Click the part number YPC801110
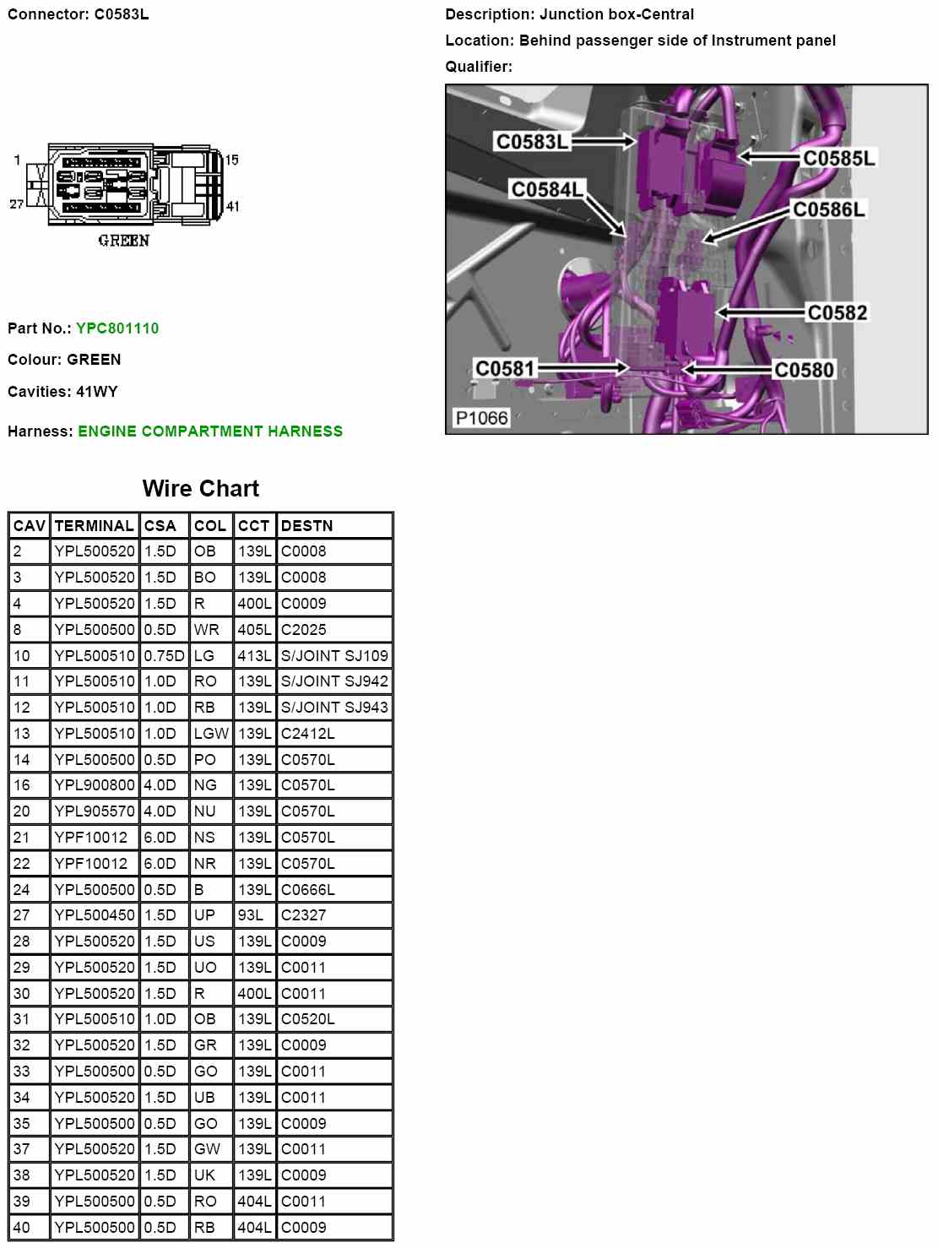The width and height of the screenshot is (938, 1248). (117, 328)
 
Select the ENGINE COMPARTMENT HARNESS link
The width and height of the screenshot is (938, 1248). (210, 431)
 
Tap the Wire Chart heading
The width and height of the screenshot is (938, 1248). (201, 489)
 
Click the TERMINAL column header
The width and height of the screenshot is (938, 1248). (94, 526)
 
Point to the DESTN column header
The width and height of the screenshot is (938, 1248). (306, 526)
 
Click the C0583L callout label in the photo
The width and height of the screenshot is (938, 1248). (532, 142)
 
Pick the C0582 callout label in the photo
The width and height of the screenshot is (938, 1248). (837, 313)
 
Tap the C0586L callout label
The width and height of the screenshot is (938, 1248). (828, 209)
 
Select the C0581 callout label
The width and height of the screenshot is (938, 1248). (505, 369)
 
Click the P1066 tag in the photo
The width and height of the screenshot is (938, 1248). (481, 418)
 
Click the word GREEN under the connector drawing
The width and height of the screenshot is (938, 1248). (123, 241)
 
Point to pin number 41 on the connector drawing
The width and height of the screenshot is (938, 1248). (233, 206)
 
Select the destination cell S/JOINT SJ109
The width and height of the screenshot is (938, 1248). (334, 656)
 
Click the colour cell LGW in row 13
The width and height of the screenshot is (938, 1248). (210, 734)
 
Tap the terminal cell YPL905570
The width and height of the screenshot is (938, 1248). (94, 811)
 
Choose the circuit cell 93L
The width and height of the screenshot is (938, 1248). (250, 915)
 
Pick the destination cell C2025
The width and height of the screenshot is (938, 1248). (303, 630)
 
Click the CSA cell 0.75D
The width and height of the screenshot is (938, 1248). (164, 656)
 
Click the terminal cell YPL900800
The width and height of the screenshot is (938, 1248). (94, 785)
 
